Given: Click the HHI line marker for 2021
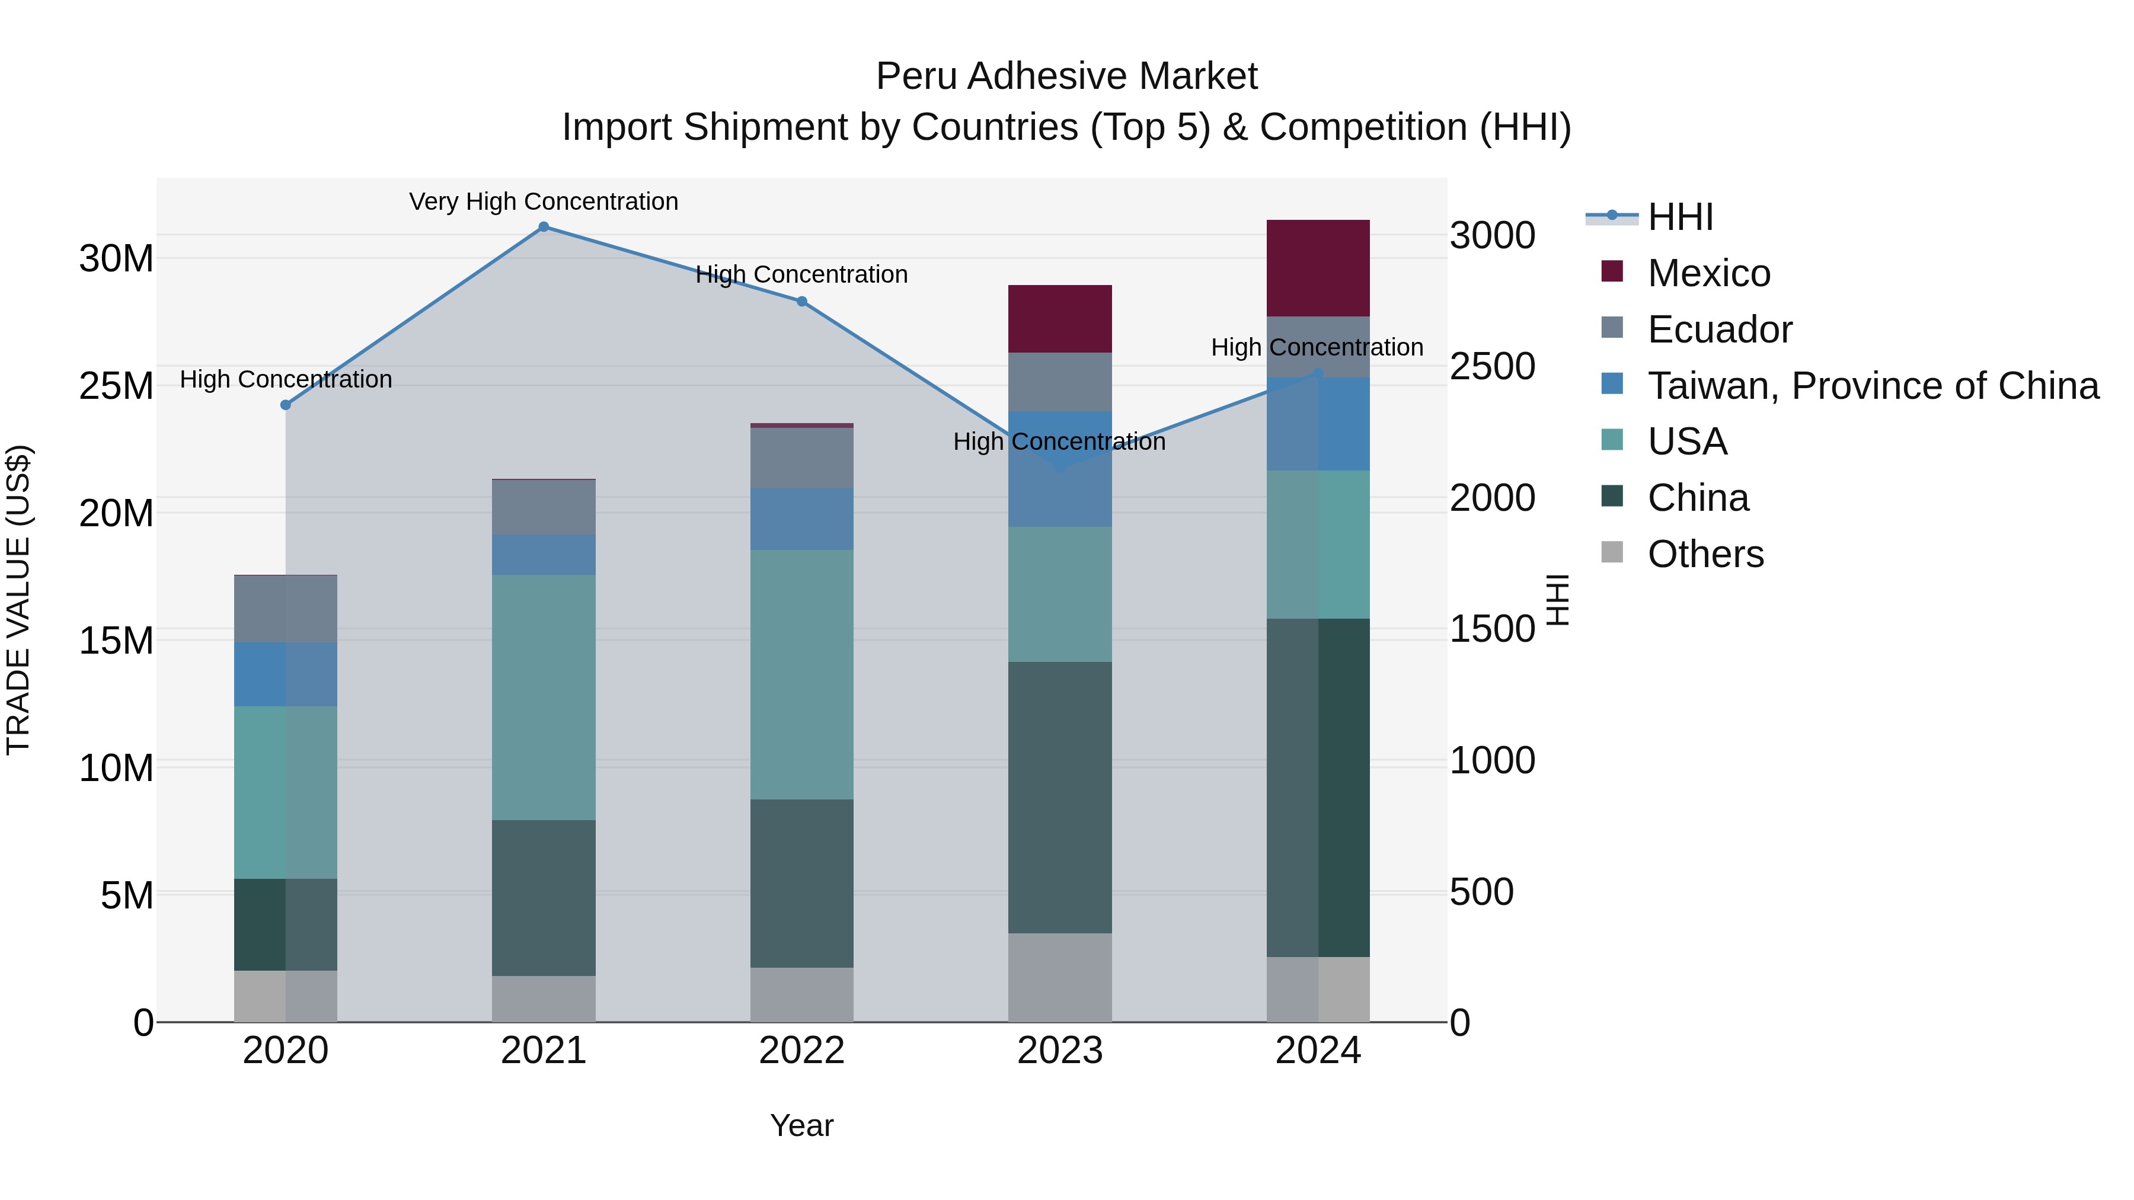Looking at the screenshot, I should coord(544,227).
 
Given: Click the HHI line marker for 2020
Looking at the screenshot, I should coord(286,405).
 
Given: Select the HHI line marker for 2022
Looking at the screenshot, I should coord(802,302).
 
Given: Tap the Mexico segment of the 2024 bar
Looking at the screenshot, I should coord(1318,268).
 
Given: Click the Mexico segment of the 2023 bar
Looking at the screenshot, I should coord(1059,319).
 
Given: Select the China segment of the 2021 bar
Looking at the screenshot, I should coord(544,898).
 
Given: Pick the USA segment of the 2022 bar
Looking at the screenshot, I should coord(802,674).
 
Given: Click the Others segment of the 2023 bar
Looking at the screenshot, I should coord(1059,977).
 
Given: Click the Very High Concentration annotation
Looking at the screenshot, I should coord(544,201).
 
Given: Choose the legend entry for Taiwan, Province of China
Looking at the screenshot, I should coord(1872,385).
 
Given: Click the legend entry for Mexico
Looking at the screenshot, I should coord(1708,273).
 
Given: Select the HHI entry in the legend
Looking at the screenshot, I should coord(1680,217).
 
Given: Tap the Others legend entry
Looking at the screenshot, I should coord(1705,554).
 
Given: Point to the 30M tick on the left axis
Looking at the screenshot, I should coord(116,258).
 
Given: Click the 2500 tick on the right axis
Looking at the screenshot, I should coord(1492,366).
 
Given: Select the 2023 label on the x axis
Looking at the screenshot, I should coord(1059,1051).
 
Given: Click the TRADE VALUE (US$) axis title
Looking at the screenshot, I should coord(18,600).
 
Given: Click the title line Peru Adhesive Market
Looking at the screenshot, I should coord(1066,76).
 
